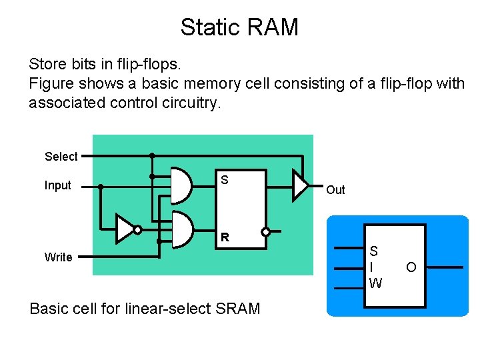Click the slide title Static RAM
click(x=239, y=27)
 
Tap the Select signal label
click(x=61, y=157)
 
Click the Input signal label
click(x=57, y=185)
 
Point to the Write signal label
click(x=58, y=257)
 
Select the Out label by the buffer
click(x=335, y=190)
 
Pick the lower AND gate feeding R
click(x=182, y=230)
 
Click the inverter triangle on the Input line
click(x=124, y=229)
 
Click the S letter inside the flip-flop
click(x=225, y=180)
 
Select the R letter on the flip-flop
click(x=225, y=237)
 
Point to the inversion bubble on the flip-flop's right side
click(x=265, y=233)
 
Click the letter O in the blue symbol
click(x=411, y=267)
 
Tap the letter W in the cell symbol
click(x=375, y=283)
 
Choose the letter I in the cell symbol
click(x=373, y=267)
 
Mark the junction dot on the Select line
click(x=152, y=155)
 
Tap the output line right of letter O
click(x=443, y=267)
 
